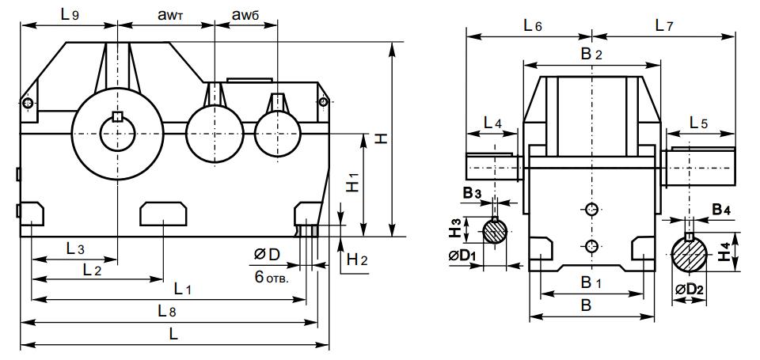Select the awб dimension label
click(245, 14)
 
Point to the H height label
click(382, 139)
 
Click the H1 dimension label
click(354, 184)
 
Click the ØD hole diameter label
click(268, 254)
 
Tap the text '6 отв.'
click(272, 279)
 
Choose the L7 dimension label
click(663, 26)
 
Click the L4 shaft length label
click(492, 123)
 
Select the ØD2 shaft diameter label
click(690, 290)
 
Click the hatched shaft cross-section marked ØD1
click(496, 233)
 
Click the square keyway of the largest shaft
click(118, 117)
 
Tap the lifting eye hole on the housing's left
click(28, 103)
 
